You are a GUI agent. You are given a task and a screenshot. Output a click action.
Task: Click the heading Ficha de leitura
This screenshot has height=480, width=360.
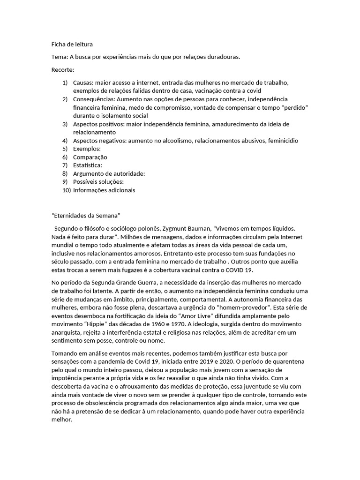[72, 45]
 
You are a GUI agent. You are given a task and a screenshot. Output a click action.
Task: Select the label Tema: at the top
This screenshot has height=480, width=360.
[59, 57]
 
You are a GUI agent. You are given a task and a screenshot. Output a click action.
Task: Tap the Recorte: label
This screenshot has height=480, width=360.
[63, 70]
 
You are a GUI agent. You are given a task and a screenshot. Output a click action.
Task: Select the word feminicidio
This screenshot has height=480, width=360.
[280, 141]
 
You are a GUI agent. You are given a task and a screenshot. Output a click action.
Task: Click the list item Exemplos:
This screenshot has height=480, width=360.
[87, 149]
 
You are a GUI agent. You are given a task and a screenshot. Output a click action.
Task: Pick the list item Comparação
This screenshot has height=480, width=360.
[90, 157]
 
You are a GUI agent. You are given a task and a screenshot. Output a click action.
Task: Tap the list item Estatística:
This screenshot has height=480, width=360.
[88, 165]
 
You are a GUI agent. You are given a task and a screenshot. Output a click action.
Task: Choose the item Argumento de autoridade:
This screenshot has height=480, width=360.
[109, 173]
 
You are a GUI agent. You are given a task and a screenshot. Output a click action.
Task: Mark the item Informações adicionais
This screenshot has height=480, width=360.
[104, 190]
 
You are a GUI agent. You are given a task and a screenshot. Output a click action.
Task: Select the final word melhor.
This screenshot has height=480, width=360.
[62, 420]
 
